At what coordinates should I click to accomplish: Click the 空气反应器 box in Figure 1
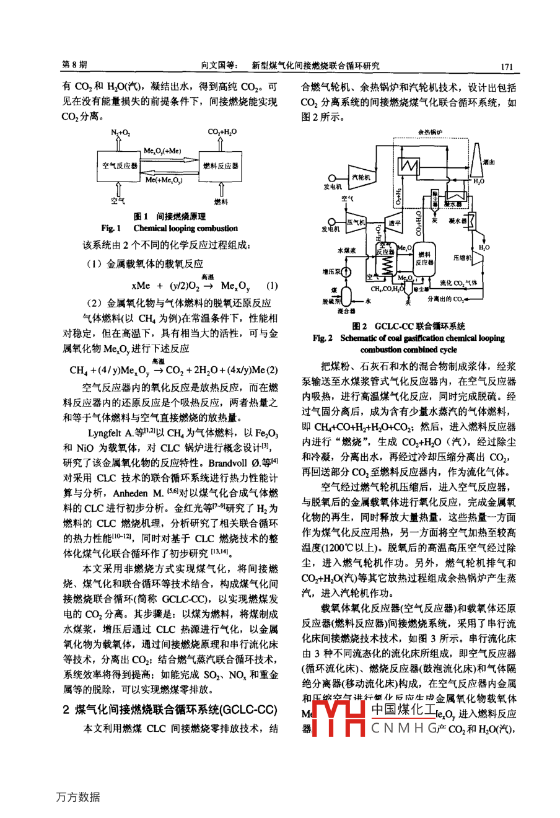coord(119,166)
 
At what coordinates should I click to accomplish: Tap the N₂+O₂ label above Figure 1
coord(120,133)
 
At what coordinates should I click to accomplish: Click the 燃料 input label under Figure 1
coord(221,201)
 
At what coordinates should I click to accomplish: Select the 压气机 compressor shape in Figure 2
coord(355,222)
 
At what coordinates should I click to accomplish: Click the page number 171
coord(507,66)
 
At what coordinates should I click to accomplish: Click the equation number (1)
coord(271,286)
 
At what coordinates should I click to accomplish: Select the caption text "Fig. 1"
coord(112,228)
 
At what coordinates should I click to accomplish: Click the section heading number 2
coord(66,710)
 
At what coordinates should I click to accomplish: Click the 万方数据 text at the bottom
coord(78,797)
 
